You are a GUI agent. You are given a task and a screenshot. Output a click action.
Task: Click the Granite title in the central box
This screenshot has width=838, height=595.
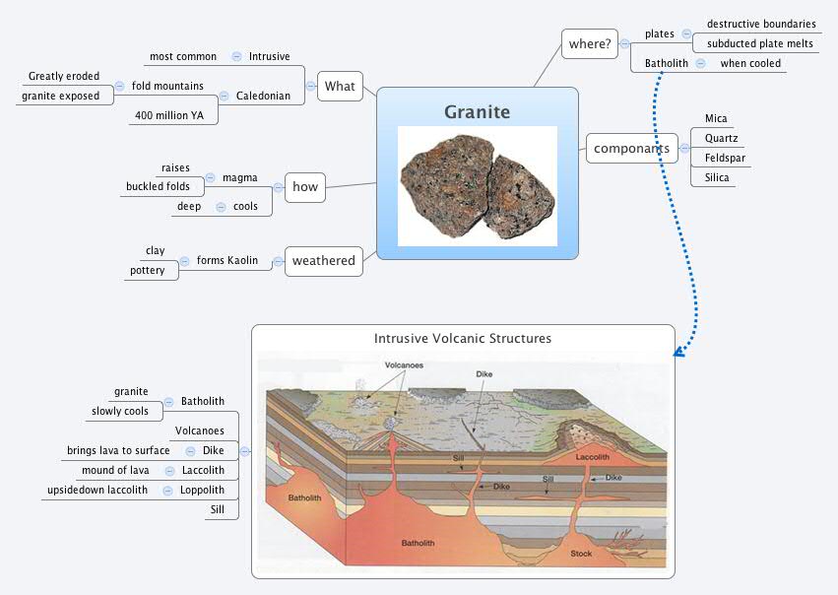(x=477, y=111)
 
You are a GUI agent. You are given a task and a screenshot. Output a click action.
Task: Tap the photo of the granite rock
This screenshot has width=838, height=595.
(x=477, y=186)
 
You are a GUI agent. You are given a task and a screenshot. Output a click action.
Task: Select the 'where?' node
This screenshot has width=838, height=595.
(x=588, y=43)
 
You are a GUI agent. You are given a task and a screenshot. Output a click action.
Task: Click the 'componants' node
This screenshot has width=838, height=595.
(x=631, y=149)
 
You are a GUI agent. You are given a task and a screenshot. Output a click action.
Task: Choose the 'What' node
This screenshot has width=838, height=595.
(x=340, y=86)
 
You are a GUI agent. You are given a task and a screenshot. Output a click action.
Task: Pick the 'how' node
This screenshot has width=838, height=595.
(x=305, y=186)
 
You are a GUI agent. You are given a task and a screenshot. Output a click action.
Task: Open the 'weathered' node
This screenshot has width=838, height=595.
(x=323, y=260)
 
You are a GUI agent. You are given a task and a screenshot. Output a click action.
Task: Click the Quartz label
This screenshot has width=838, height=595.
(x=721, y=138)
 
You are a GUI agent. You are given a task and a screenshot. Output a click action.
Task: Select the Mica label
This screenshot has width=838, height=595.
(x=716, y=118)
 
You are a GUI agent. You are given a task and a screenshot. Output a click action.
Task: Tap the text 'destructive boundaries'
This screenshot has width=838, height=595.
(x=761, y=24)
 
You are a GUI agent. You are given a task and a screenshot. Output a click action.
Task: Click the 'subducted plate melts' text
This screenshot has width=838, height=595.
(x=759, y=43)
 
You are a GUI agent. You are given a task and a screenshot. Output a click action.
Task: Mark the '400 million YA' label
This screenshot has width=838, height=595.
(x=168, y=115)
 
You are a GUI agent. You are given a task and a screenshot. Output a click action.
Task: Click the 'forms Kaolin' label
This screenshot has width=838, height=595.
(x=226, y=260)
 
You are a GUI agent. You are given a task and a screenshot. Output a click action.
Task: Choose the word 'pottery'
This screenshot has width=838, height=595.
(x=148, y=270)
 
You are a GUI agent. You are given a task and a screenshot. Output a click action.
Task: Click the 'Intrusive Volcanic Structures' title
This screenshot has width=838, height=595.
(x=463, y=338)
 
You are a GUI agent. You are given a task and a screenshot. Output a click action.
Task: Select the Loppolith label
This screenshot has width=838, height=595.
(x=202, y=490)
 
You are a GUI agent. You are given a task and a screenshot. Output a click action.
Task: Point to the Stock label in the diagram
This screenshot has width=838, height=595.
(x=582, y=554)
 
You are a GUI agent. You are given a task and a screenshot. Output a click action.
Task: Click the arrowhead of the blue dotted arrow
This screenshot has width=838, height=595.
(x=677, y=352)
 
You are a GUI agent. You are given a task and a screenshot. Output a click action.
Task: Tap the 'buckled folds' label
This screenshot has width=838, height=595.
(x=158, y=186)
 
